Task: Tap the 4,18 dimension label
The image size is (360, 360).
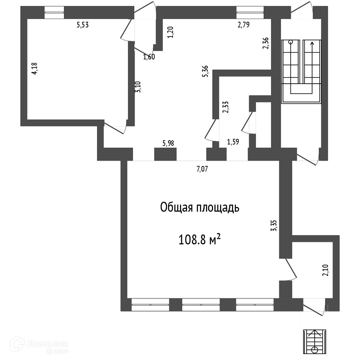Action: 35,69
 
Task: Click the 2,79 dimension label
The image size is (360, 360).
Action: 244,24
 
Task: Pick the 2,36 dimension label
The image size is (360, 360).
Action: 266,43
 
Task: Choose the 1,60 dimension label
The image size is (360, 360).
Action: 149,57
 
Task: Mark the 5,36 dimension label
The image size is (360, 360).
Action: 205,71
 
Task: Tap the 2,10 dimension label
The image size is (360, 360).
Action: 326,270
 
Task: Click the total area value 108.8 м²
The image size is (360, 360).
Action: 200,239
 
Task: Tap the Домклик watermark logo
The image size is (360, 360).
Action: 38,345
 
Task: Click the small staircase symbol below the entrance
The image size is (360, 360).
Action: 314,341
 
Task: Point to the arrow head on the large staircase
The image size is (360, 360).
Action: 312,43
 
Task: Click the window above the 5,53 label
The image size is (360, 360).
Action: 55,13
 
